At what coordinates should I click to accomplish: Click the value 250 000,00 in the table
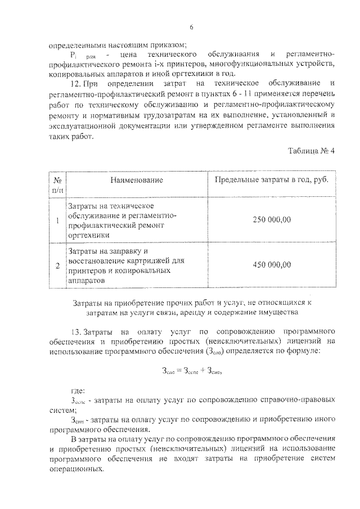coord(272,219)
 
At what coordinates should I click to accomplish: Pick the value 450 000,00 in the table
coord(272,265)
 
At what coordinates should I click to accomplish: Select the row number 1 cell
coord(57,220)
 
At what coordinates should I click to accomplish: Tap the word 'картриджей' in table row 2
coord(142,260)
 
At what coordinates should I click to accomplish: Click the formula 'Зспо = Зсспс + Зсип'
coord(191,370)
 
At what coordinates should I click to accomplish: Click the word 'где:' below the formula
coord(78,389)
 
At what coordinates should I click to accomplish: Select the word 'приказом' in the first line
coord(167,44)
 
